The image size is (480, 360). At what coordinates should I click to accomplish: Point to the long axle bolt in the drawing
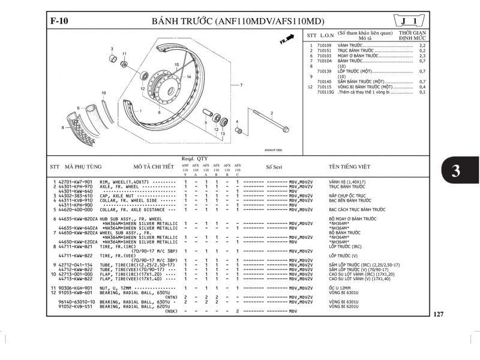point(269,122)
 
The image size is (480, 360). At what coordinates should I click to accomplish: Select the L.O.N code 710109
point(325,46)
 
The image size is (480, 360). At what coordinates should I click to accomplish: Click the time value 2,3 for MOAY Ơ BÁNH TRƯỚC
point(422,56)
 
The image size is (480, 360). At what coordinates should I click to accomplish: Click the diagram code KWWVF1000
point(273,150)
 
